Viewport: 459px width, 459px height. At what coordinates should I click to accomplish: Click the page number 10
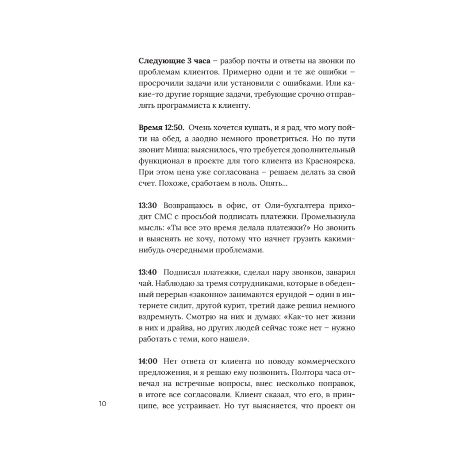click(102, 404)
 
